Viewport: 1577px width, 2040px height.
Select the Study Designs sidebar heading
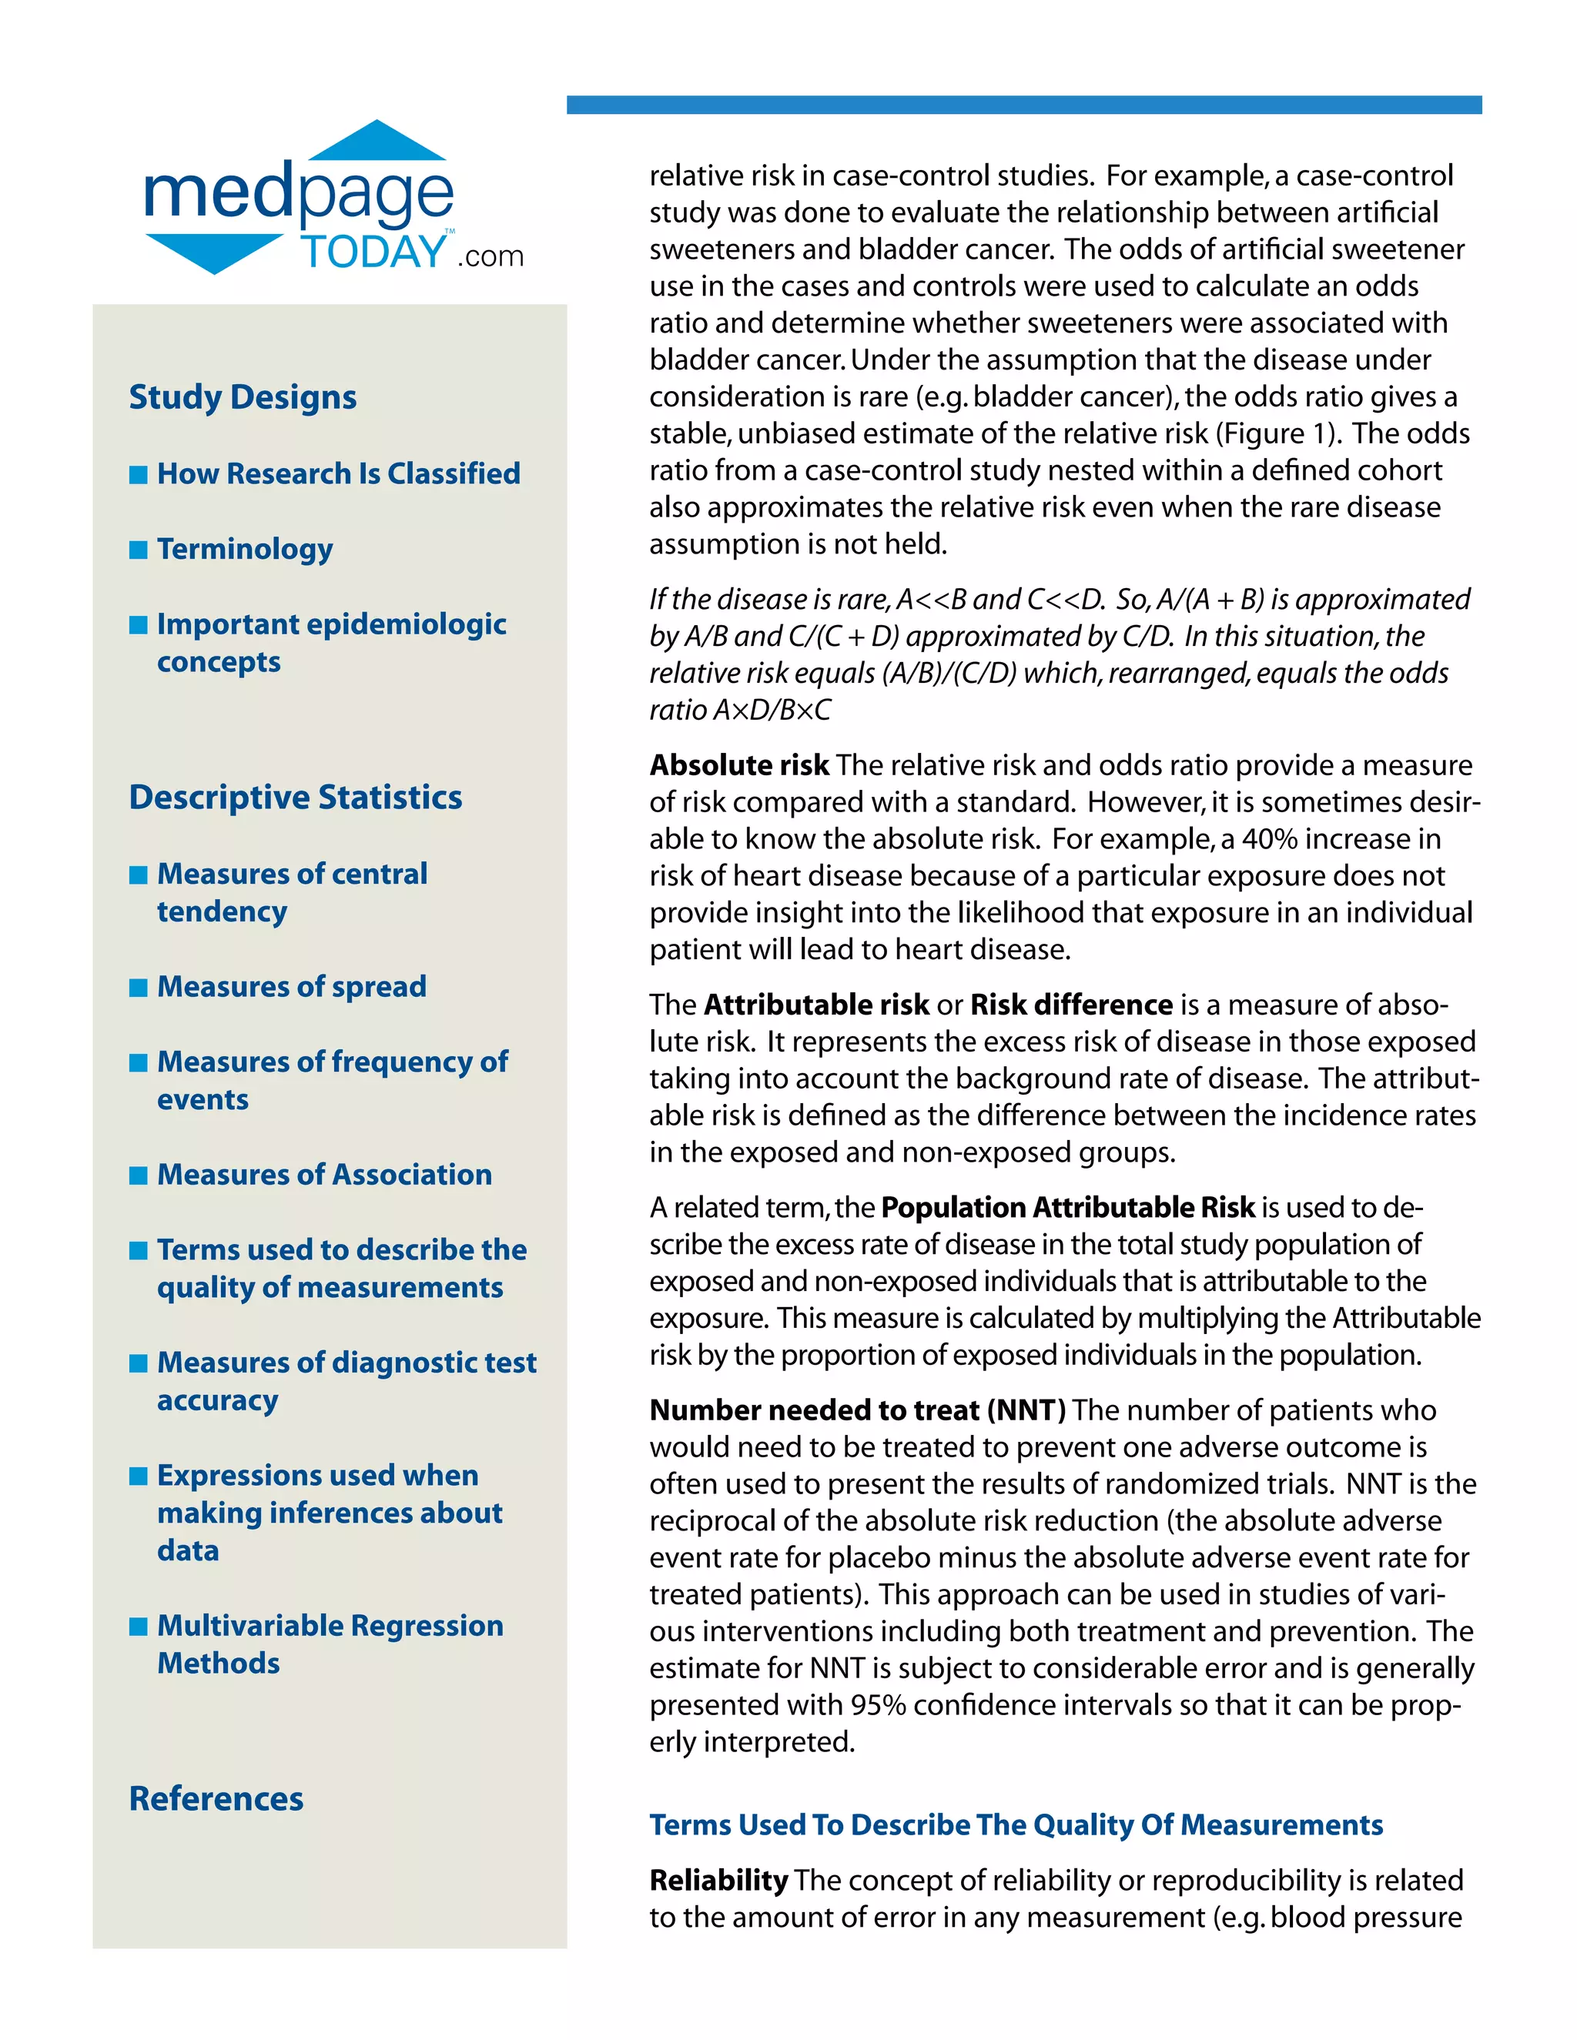242,397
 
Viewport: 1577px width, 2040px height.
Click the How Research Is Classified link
338,473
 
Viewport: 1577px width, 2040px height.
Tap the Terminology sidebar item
245,549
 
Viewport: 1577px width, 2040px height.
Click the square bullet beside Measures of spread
139,988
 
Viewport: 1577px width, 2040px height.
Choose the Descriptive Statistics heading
295,797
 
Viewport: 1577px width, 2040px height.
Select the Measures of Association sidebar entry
324,1174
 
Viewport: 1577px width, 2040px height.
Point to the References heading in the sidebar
216,1798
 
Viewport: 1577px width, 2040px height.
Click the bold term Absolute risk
739,765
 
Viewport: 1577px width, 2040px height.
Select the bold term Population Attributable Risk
1067,1207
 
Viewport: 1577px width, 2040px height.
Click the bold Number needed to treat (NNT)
857,1410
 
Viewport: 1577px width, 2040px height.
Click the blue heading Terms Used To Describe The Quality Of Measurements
1016,1824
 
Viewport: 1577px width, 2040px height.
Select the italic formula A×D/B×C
772,710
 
